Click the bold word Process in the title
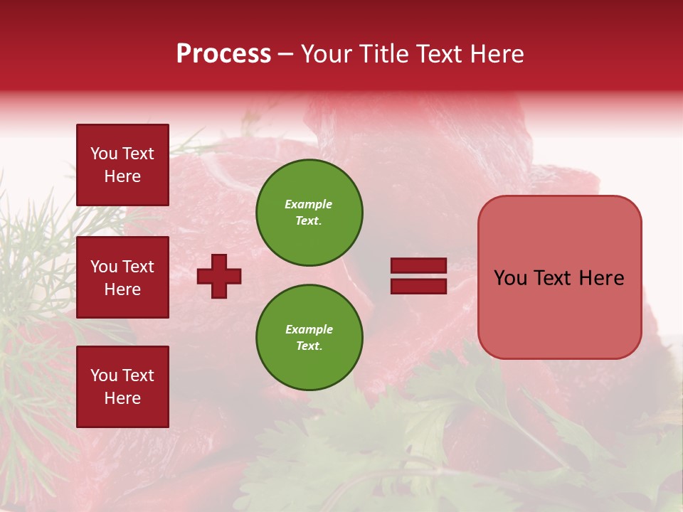(223, 54)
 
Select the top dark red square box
(122, 165)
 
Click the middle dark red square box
(122, 277)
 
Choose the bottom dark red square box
(122, 387)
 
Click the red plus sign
(219, 276)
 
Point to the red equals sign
(418, 276)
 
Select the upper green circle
(309, 213)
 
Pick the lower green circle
(309, 338)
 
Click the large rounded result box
(559, 277)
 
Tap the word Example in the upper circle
(309, 204)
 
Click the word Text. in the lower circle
(309, 346)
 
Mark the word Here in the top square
(122, 176)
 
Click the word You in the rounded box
(510, 278)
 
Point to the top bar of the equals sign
(418, 266)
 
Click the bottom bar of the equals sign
(418, 286)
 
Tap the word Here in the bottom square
(122, 398)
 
